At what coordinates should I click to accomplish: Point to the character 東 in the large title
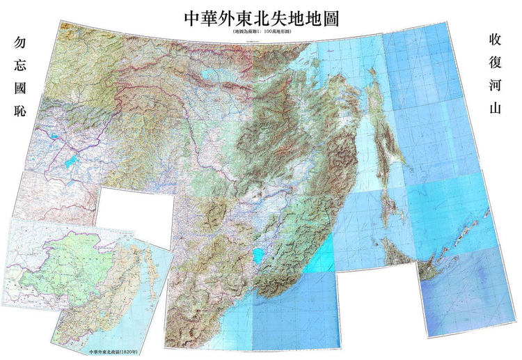point(240,17)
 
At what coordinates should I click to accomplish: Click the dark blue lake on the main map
point(70,167)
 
